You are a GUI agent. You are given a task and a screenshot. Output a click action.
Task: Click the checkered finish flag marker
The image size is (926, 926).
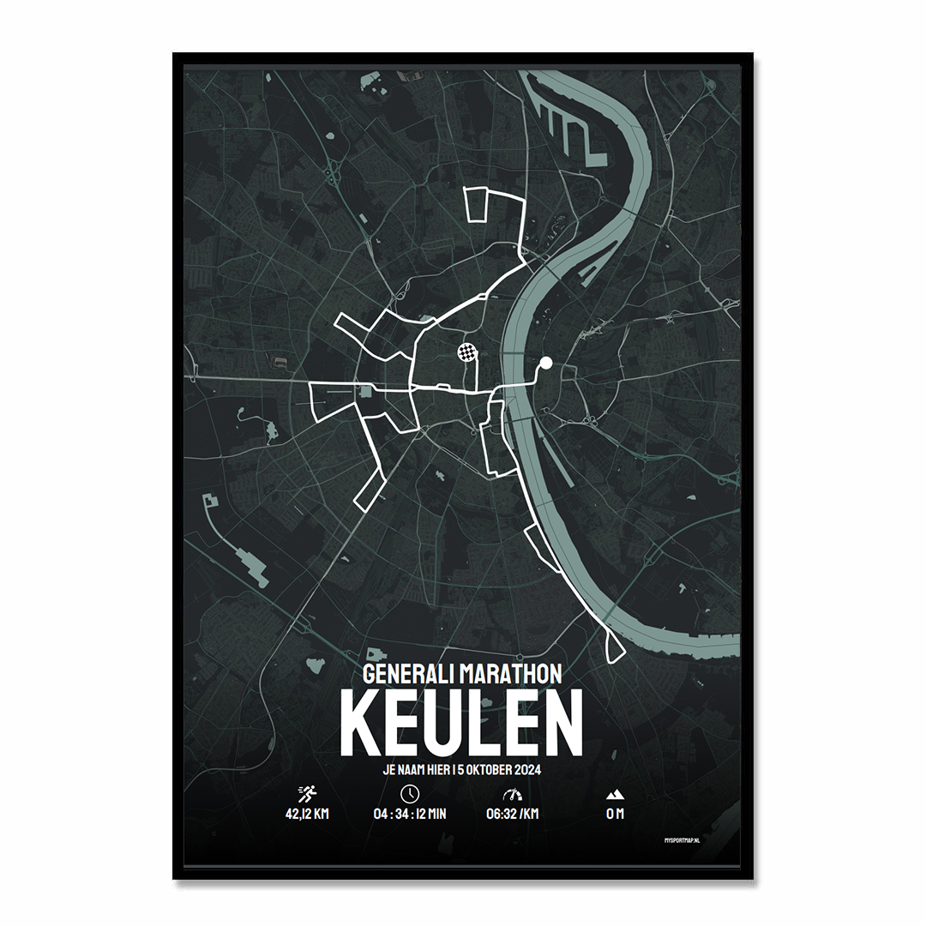[466, 351]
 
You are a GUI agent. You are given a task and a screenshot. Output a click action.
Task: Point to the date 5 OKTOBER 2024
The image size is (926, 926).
[493, 770]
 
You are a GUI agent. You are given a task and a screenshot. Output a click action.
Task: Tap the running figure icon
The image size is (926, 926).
[307, 793]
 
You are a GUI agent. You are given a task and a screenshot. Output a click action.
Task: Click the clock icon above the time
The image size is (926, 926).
[410, 792]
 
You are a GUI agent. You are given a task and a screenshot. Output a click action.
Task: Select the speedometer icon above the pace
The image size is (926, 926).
[512, 793]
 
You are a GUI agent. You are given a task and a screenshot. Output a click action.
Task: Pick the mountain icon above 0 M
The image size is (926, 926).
[615, 794]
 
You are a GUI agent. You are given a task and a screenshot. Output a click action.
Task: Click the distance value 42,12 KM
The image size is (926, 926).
[307, 814]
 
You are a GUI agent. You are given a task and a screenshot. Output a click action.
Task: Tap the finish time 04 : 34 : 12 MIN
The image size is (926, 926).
[410, 814]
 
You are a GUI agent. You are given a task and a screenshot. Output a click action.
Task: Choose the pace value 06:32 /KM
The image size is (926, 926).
[512, 814]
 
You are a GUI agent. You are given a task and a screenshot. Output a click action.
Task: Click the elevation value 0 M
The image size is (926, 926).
[615, 814]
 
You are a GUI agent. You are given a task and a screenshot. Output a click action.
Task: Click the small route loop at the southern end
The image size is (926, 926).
[615, 647]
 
